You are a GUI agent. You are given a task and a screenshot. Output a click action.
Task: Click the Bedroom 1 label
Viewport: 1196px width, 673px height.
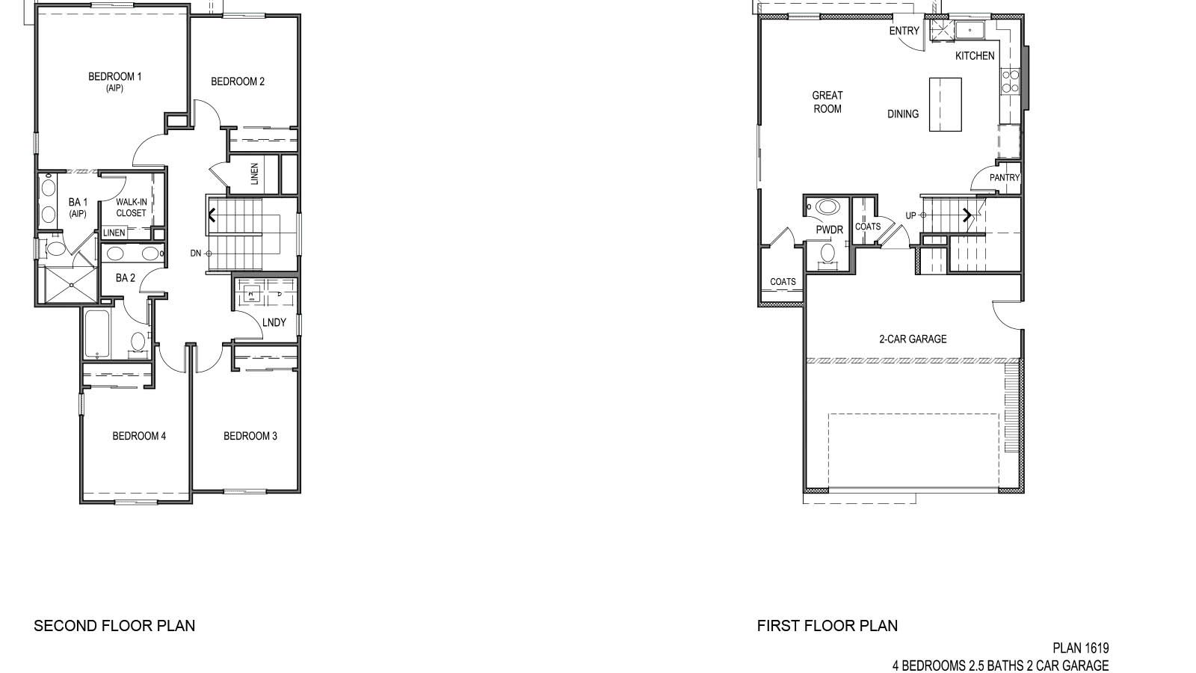tap(114, 77)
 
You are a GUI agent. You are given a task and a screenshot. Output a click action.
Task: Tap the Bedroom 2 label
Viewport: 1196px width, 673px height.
tap(238, 82)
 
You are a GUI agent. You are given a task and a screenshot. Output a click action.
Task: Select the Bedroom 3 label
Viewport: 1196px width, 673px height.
tap(250, 436)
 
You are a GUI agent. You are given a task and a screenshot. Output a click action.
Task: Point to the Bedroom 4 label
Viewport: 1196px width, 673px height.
tap(139, 436)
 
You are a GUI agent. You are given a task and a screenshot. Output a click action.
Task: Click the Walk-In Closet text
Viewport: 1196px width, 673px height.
tap(132, 207)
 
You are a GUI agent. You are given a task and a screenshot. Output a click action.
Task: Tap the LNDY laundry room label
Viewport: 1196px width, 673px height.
tap(274, 322)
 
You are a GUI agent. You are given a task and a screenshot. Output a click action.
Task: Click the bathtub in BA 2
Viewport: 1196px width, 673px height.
tap(97, 334)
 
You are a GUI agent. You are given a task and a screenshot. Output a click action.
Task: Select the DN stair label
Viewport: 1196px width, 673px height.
tap(196, 253)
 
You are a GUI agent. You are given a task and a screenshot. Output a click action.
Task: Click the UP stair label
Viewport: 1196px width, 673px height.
tap(910, 215)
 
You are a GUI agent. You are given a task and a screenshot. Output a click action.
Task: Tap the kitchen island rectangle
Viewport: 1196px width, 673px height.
tap(945, 105)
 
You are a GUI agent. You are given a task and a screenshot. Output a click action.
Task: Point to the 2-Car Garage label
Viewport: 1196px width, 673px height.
tap(913, 339)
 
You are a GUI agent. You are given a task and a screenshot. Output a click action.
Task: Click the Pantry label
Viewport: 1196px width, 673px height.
tap(1004, 178)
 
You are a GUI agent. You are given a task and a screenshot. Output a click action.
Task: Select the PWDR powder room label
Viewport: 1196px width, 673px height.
tap(829, 230)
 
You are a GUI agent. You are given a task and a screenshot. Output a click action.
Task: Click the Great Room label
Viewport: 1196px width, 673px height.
tap(827, 102)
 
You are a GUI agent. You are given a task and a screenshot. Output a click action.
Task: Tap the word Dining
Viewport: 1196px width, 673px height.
tap(903, 114)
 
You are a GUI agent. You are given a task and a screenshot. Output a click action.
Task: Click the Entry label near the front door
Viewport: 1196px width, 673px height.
tap(904, 31)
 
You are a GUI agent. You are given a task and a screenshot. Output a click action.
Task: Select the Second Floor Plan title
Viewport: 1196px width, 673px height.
tap(114, 626)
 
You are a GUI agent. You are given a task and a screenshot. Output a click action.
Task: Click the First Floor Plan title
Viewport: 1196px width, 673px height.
tap(827, 626)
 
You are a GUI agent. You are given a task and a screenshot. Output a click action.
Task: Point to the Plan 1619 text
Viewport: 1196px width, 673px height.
tap(1080, 648)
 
